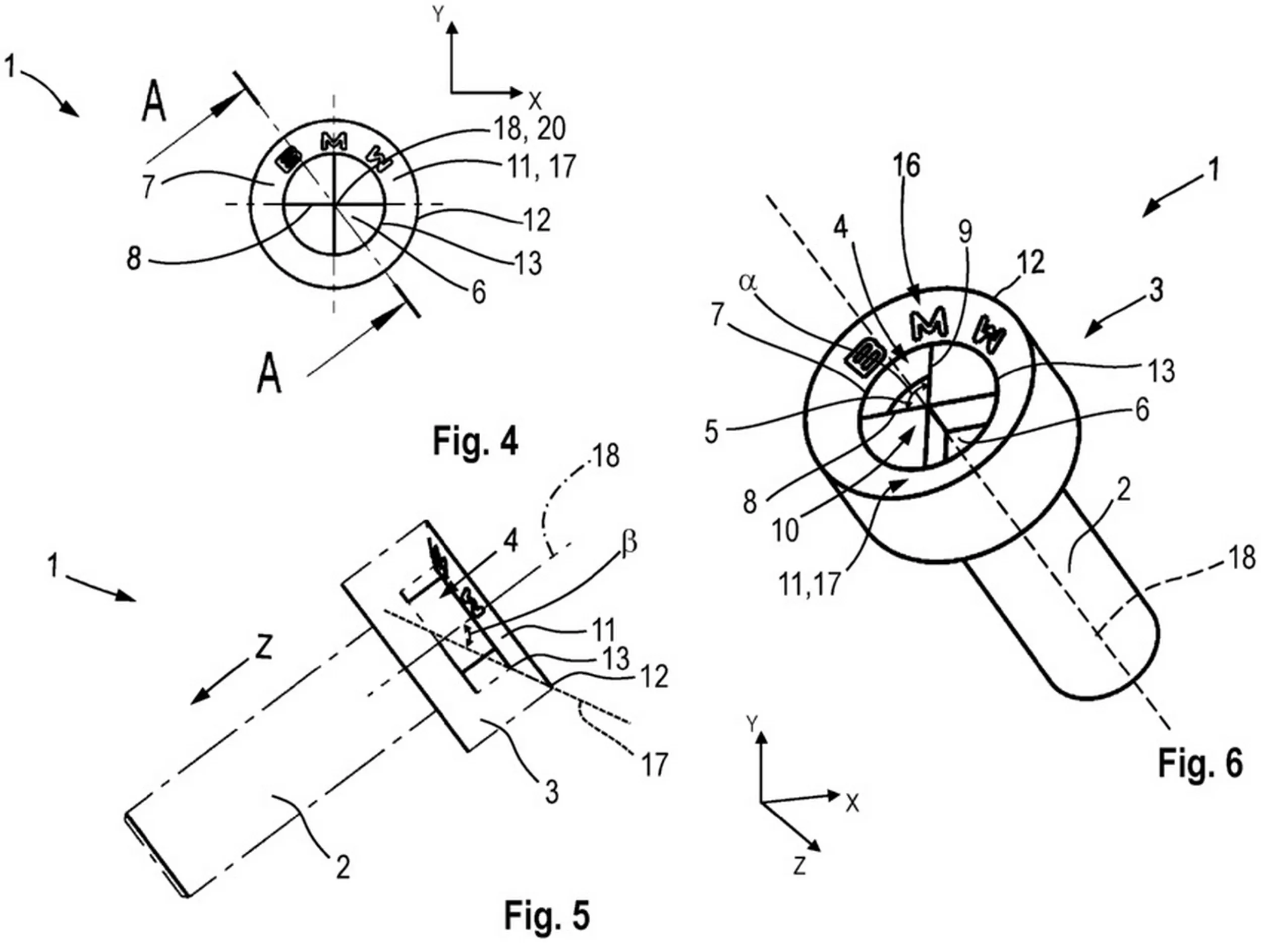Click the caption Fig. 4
click(476, 441)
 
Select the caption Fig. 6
click(1200, 763)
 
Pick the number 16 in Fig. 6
click(907, 165)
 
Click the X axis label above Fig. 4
click(535, 101)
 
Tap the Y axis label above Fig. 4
click(438, 16)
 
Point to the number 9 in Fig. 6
click(964, 232)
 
